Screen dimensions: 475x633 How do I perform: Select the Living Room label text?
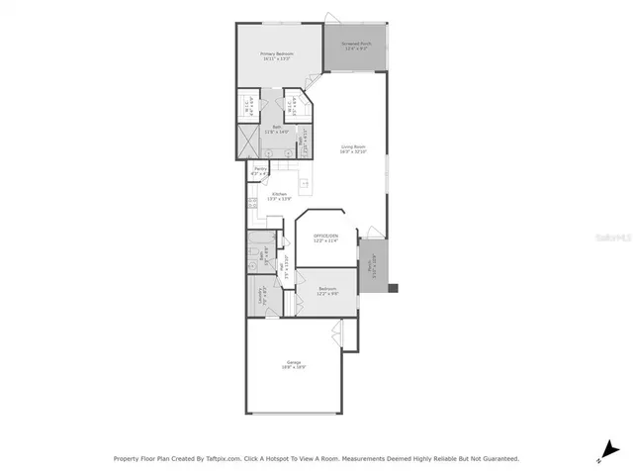coord(353,149)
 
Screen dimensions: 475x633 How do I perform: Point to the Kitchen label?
coord(279,196)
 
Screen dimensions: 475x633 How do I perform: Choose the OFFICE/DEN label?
coord(325,237)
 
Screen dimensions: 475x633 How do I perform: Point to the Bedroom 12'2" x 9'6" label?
coord(328,291)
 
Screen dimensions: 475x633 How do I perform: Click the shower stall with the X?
coord(246,142)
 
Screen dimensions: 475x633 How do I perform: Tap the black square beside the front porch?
coord(393,289)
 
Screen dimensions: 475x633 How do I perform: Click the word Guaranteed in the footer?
coord(498,459)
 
